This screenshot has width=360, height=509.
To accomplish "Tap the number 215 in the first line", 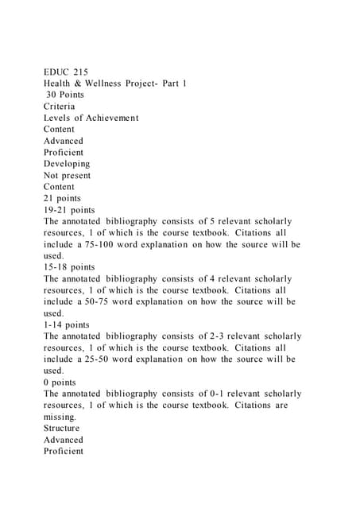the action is pyautogui.click(x=80, y=72).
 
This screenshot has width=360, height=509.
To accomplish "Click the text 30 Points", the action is pyautogui.click(x=64, y=95).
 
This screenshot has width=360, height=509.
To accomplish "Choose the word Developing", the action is pyautogui.click(x=67, y=164).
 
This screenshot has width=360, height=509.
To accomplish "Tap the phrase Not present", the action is pyautogui.click(x=68, y=175).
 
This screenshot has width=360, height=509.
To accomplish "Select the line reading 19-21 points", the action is pyautogui.click(x=69, y=210).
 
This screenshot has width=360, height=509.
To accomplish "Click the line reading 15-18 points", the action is pyautogui.click(x=69, y=267).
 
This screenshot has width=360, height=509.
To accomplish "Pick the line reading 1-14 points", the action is pyautogui.click(x=66, y=325).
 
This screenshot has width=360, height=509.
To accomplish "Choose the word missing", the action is pyautogui.click(x=60, y=417).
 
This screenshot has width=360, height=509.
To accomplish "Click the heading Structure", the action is pyautogui.click(x=62, y=428).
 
